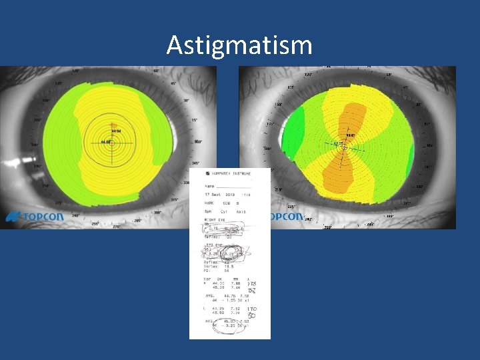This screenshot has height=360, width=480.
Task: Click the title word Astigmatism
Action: point(239,45)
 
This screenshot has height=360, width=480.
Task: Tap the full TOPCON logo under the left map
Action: point(35,217)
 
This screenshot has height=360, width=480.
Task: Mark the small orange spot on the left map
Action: point(114,125)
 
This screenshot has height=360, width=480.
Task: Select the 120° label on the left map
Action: point(75,70)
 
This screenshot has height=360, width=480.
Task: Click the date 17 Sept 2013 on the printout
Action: point(220,193)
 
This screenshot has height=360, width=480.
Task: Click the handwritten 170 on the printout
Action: point(252,309)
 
